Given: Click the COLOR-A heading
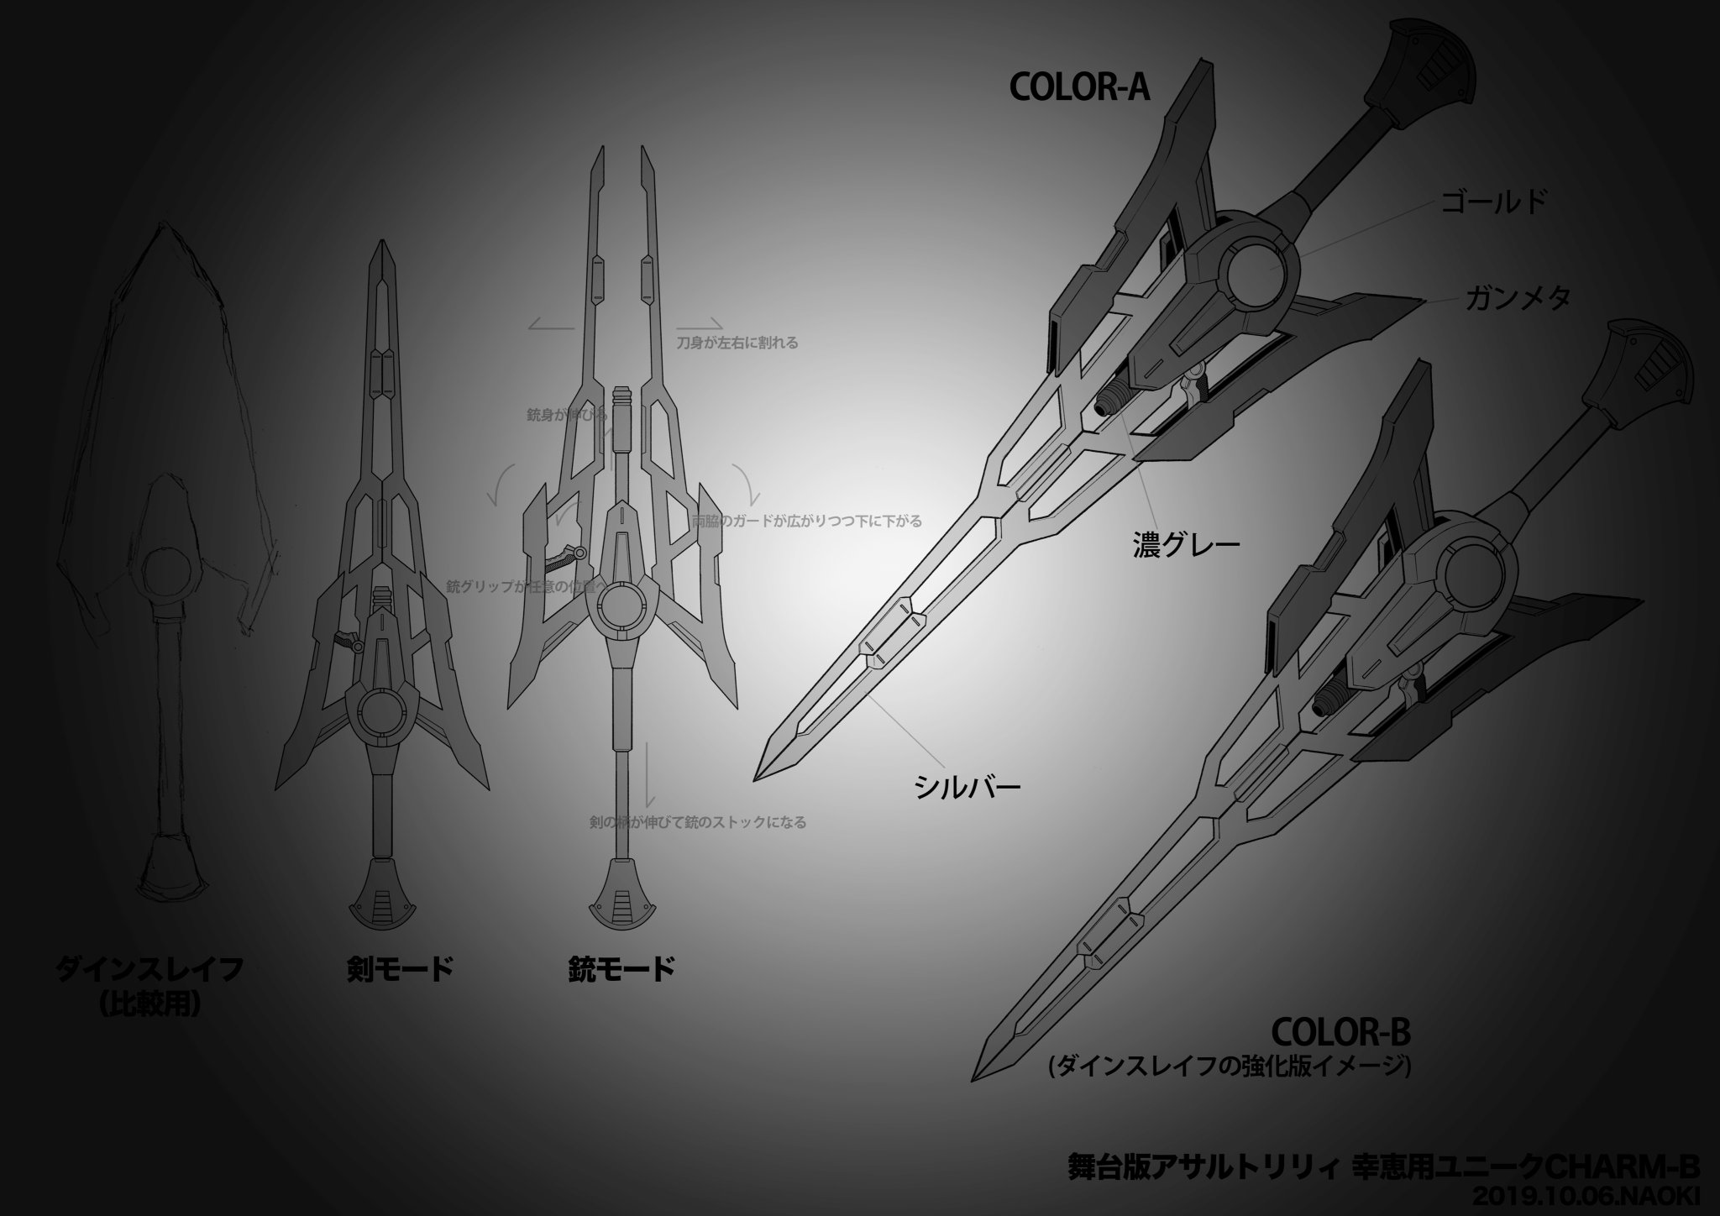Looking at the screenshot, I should pos(1078,87).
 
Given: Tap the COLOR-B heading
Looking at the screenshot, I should pos(1341,1031).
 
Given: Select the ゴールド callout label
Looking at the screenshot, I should pos(1493,202).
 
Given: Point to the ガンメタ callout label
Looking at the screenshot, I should pos(1517,298).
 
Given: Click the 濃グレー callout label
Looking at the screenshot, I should pos(1185,544).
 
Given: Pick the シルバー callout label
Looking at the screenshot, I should pos(967,787).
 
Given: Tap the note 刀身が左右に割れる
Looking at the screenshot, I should pos(737,343).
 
